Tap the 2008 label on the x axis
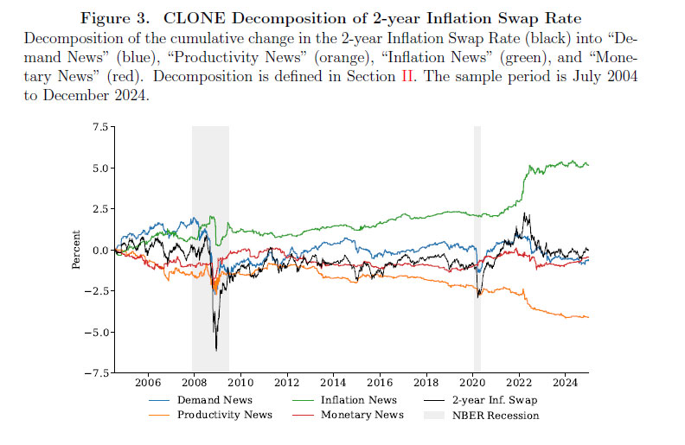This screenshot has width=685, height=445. tap(194, 382)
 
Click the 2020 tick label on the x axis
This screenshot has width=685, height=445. tap(472, 382)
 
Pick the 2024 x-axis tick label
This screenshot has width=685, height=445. tap(565, 382)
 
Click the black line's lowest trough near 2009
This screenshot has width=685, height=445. tap(216, 349)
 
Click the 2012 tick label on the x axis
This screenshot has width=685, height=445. tap(286, 382)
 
